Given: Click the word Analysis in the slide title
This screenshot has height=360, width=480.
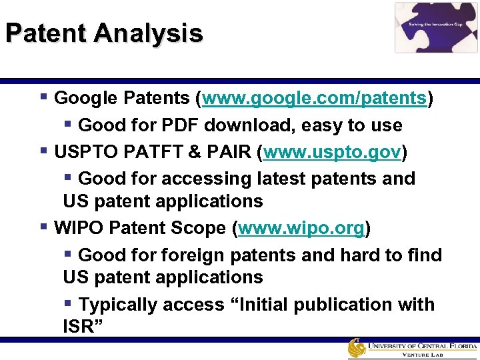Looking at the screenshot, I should point(148,33).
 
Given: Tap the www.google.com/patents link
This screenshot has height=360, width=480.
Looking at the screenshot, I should point(315,99).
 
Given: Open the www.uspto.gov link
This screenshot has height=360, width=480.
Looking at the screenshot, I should point(333,153).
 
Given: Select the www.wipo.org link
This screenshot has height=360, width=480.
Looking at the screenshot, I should point(301,229).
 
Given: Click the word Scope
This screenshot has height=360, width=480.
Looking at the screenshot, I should point(197,229).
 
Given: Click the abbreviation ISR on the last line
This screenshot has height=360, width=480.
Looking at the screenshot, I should point(77,327).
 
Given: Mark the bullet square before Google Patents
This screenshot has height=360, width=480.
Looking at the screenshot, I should point(43,97).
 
